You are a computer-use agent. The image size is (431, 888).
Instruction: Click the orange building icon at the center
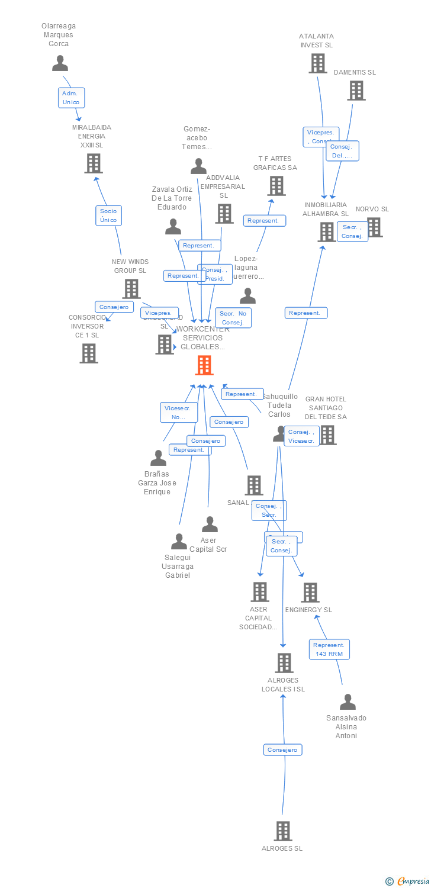(x=204, y=365)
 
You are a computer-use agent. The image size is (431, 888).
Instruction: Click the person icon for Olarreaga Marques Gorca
(x=60, y=63)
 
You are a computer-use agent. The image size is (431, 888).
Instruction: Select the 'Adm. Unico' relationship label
(x=71, y=98)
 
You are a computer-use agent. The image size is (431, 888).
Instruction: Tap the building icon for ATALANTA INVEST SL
(x=318, y=63)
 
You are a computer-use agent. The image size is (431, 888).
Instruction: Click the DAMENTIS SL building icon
(x=356, y=91)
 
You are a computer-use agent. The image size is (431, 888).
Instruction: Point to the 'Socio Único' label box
(x=108, y=215)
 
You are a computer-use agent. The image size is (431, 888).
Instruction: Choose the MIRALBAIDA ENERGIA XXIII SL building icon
(x=93, y=163)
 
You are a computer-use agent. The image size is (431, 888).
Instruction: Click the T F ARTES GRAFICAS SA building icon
(x=276, y=186)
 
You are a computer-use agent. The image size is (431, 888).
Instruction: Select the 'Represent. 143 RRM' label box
(x=329, y=649)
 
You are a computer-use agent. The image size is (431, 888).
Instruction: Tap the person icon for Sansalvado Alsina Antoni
(x=348, y=702)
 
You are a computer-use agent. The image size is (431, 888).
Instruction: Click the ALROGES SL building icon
(x=283, y=831)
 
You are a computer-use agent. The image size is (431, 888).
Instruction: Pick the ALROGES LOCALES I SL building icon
(x=284, y=663)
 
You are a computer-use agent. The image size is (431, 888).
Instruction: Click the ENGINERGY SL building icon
(x=310, y=593)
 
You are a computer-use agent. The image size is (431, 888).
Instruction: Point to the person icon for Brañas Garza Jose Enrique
(x=158, y=458)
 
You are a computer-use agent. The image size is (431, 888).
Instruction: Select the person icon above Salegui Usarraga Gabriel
(x=179, y=541)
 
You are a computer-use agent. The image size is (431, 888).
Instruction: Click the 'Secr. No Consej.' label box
(x=233, y=318)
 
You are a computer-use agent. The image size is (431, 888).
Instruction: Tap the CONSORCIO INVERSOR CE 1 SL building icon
(x=88, y=353)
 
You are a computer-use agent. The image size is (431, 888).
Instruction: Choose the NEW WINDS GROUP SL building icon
(x=131, y=289)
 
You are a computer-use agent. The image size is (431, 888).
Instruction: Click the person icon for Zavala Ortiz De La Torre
(x=173, y=227)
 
